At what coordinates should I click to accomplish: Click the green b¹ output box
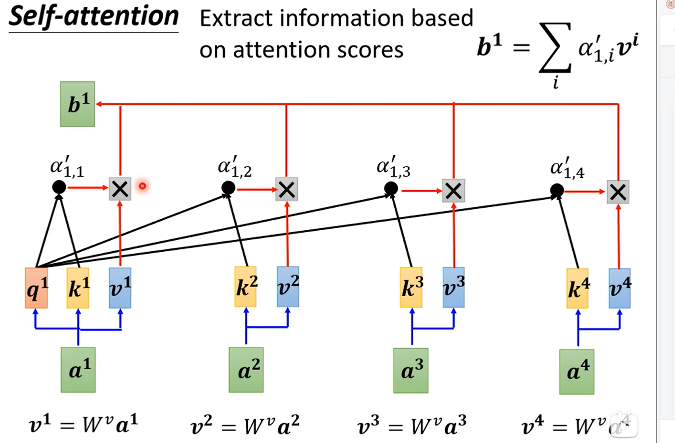point(77,104)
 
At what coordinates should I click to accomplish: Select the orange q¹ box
point(36,288)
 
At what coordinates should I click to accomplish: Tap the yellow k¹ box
point(78,288)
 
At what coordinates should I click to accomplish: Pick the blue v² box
point(288,287)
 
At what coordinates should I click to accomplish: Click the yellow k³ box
point(411,287)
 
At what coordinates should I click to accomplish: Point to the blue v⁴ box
point(620,288)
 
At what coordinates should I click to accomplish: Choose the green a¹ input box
point(78,369)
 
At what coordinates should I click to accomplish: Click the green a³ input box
point(411,370)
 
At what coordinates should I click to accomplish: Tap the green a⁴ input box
point(577,372)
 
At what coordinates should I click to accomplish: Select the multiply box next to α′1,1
point(120,188)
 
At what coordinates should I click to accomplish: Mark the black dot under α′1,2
point(228,188)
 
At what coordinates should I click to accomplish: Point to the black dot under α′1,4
point(557,190)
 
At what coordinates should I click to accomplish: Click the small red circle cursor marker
point(142,186)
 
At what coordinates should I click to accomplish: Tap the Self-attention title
point(93,17)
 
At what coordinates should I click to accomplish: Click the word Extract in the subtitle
point(231,18)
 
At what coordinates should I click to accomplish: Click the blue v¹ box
point(120,288)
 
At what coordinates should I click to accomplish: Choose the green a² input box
point(246,370)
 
